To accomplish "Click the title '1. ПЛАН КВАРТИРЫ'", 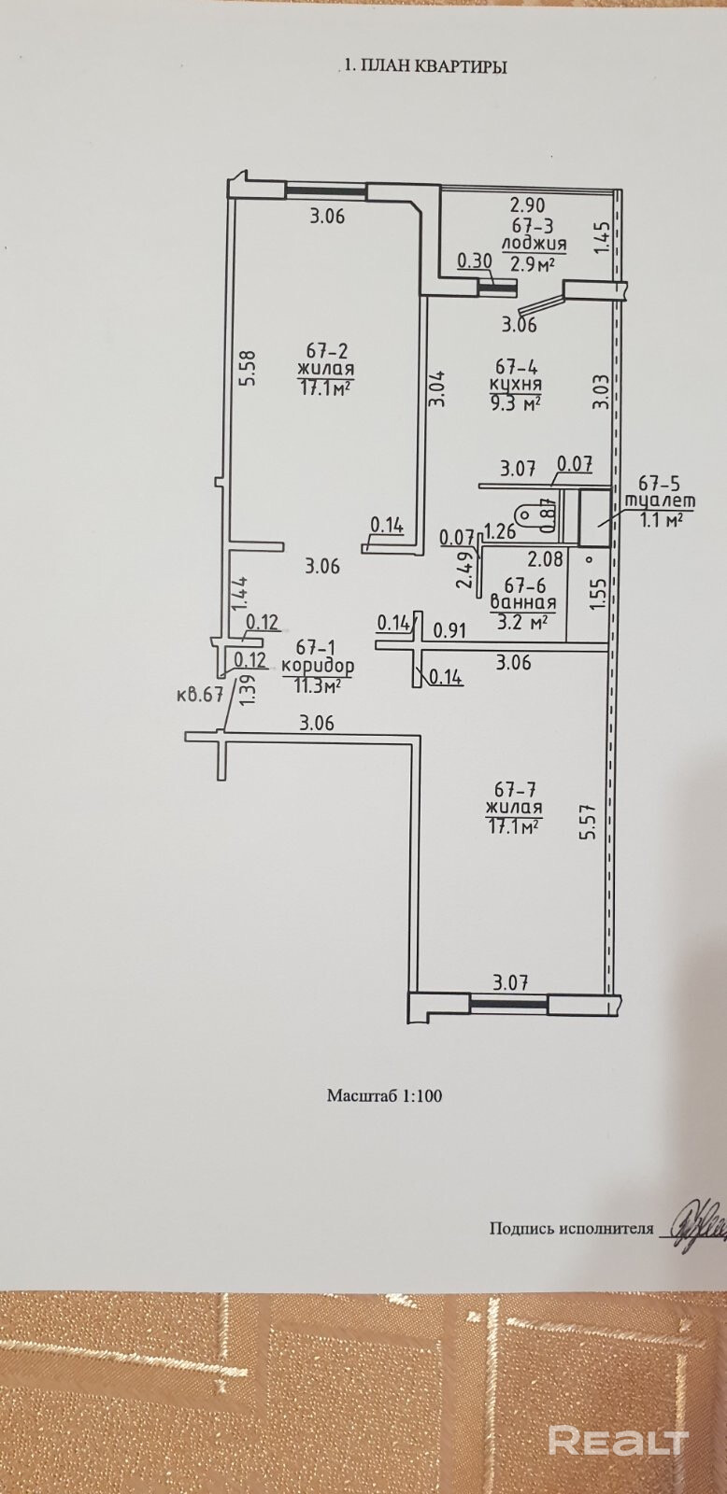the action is pyautogui.click(x=426, y=66).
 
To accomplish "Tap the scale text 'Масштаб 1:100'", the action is pyautogui.click(x=384, y=1094).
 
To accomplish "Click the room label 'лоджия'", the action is pyautogui.click(x=535, y=244).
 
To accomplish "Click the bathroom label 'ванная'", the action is pyautogui.click(x=523, y=602).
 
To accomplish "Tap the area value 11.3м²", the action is pyautogui.click(x=317, y=685).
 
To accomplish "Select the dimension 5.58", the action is pyautogui.click(x=246, y=373).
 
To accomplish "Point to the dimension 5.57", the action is pyautogui.click(x=586, y=822).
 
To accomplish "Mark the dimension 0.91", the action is pyautogui.click(x=451, y=629).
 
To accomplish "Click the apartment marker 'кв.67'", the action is pyautogui.click(x=198, y=695).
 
